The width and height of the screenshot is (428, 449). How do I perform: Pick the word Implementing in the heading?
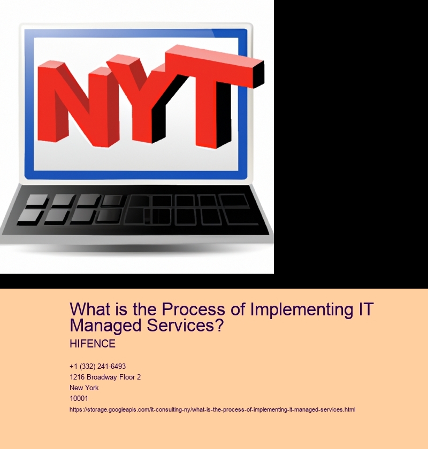pyautogui.click(x=302, y=310)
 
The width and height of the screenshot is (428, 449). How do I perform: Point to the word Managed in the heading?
pyautogui.click(x=106, y=326)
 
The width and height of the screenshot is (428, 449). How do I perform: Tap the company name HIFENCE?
pyautogui.click(x=93, y=344)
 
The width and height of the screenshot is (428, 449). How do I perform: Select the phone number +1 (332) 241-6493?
pyautogui.click(x=97, y=366)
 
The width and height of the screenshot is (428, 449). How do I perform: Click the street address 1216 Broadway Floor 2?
pyautogui.click(x=105, y=377)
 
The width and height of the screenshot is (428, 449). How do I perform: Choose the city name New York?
pyautogui.click(x=84, y=388)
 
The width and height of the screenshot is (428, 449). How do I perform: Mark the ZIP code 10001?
pyautogui.click(x=79, y=398)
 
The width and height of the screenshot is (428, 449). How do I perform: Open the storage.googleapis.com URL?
pyautogui.click(x=212, y=409)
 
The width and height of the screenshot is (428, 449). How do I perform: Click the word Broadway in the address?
pyautogui.click(x=100, y=377)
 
